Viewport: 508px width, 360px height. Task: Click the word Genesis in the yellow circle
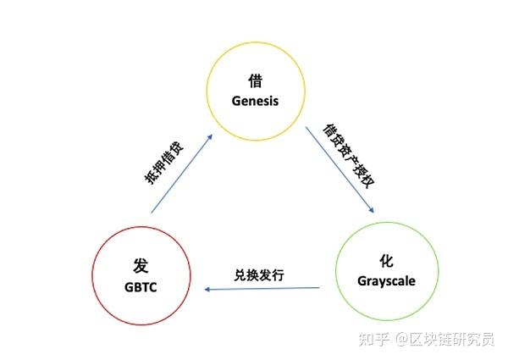255,100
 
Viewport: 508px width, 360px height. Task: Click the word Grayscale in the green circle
386,280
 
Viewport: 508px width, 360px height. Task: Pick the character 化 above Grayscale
387,261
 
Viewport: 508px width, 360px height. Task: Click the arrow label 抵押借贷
163,161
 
